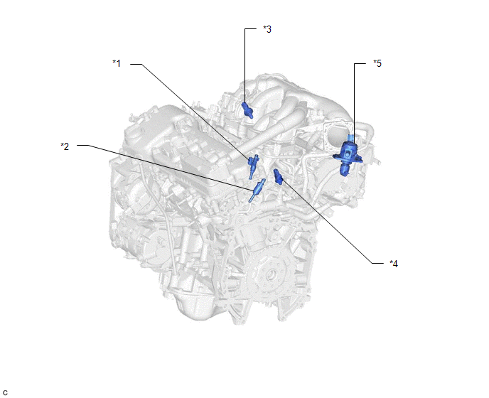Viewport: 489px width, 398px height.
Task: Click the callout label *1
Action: [117, 63]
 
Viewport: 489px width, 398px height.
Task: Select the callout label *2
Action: [65, 146]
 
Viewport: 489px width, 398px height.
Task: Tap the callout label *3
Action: [267, 29]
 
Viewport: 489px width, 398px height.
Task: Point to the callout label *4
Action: [394, 264]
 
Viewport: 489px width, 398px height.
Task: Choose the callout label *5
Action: [377, 63]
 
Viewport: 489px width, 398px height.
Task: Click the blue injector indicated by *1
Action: [252, 166]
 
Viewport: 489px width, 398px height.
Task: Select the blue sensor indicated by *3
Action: [247, 109]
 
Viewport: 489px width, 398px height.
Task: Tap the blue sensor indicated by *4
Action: [278, 177]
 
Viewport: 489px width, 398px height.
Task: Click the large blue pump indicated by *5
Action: [348, 155]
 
